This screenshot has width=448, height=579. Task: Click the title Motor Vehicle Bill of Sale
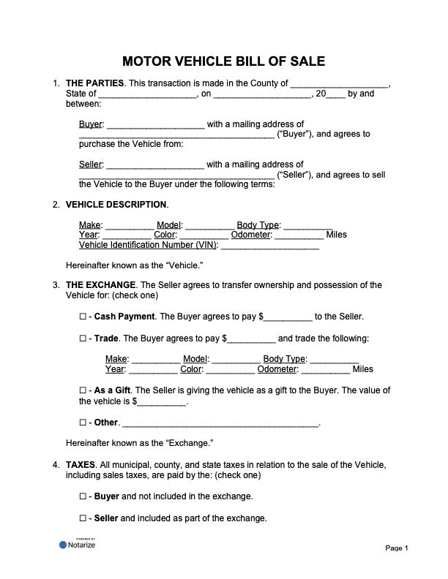(x=224, y=61)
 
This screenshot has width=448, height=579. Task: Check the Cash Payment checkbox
(x=82, y=317)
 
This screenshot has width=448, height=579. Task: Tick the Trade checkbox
(x=82, y=339)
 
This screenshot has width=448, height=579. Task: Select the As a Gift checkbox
(x=82, y=390)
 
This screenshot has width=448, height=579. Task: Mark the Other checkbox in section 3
(x=82, y=423)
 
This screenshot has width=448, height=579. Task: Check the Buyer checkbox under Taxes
(x=82, y=497)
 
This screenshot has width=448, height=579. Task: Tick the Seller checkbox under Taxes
(x=82, y=519)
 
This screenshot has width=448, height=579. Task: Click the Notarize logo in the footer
(x=78, y=545)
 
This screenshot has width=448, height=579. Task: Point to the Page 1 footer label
(x=396, y=548)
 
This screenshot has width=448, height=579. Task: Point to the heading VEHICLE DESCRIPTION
(x=116, y=204)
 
